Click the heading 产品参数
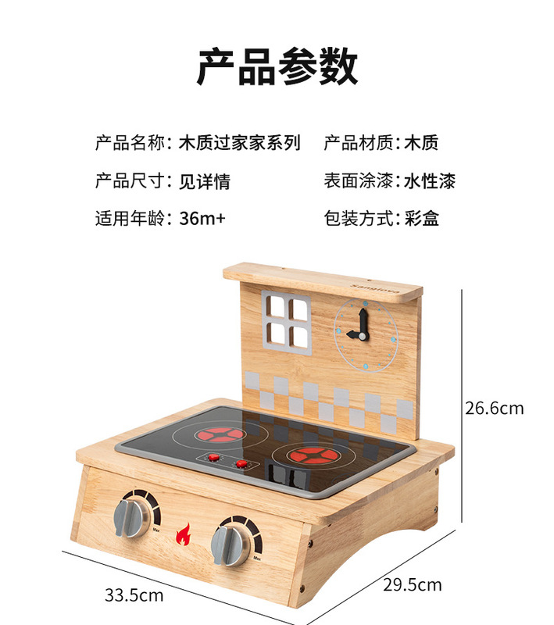[x=277, y=66]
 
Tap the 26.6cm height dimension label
[x=494, y=408]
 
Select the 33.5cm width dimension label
[x=134, y=595]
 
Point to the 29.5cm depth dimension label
[x=413, y=584]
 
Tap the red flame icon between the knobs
[x=183, y=537]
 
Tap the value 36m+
[x=202, y=218]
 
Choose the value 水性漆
[x=429, y=181]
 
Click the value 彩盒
[x=422, y=218]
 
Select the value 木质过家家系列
[x=239, y=143]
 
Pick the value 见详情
[x=204, y=181]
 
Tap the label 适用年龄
[x=130, y=218]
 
